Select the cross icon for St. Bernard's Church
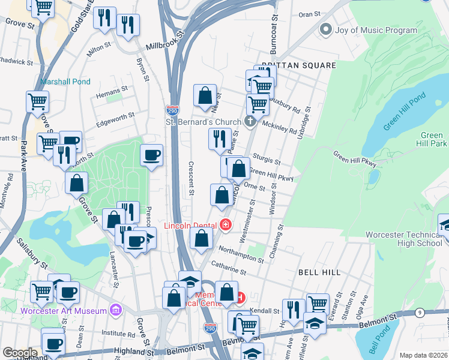click(x=250, y=122)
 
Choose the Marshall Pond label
click(x=65, y=82)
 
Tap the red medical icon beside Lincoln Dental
click(x=226, y=226)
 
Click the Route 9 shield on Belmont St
click(x=420, y=313)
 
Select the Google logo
click(x=19, y=353)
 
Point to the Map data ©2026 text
click(x=423, y=355)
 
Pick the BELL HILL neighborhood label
click(x=319, y=272)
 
